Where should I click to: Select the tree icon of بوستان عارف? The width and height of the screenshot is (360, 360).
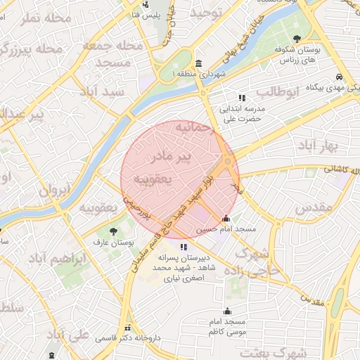pyautogui.click(x=113, y=230)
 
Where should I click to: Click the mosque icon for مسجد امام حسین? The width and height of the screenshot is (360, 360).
pyautogui.click(x=226, y=218)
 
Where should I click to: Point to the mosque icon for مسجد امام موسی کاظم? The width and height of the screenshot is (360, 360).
pyautogui.click(x=226, y=311)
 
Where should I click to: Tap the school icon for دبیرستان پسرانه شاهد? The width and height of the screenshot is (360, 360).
pyautogui.click(x=184, y=247)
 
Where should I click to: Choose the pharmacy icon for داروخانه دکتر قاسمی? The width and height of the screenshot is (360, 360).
pyautogui.click(x=127, y=328)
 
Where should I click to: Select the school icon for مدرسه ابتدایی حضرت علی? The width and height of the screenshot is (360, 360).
pyautogui.click(x=242, y=98)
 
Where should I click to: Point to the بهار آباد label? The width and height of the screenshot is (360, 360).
pyautogui.click(x=319, y=146)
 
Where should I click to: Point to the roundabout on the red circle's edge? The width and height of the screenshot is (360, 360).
pyautogui.click(x=228, y=162)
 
